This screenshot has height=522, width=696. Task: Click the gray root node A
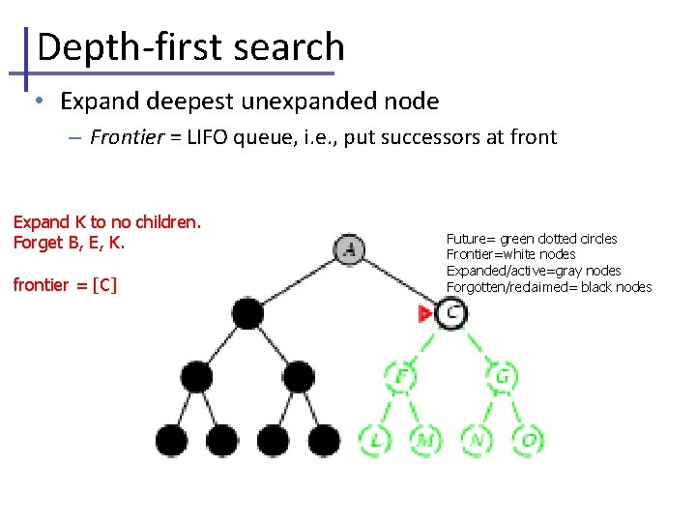[x=350, y=250]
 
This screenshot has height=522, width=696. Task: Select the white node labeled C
[x=451, y=312]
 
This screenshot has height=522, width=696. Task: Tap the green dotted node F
[x=400, y=376]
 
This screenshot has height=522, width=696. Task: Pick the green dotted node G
[x=503, y=376]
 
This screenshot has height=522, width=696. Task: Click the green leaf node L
[x=374, y=440]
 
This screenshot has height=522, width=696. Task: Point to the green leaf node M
[x=425, y=440]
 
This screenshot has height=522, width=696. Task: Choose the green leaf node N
[x=477, y=440]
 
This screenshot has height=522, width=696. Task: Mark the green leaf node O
[x=528, y=440]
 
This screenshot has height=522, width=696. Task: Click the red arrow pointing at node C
[x=425, y=313]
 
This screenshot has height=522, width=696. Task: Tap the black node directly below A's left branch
[x=247, y=313]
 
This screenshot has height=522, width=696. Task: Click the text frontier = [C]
[x=65, y=285]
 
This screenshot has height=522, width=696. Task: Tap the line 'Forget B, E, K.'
[x=69, y=243]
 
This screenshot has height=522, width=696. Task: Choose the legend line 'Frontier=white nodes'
[x=510, y=254]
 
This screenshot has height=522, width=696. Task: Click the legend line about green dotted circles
[x=532, y=239]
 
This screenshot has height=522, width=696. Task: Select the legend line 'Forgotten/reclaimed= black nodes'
[x=548, y=287]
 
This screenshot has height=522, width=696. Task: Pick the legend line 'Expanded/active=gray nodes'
[x=533, y=271]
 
